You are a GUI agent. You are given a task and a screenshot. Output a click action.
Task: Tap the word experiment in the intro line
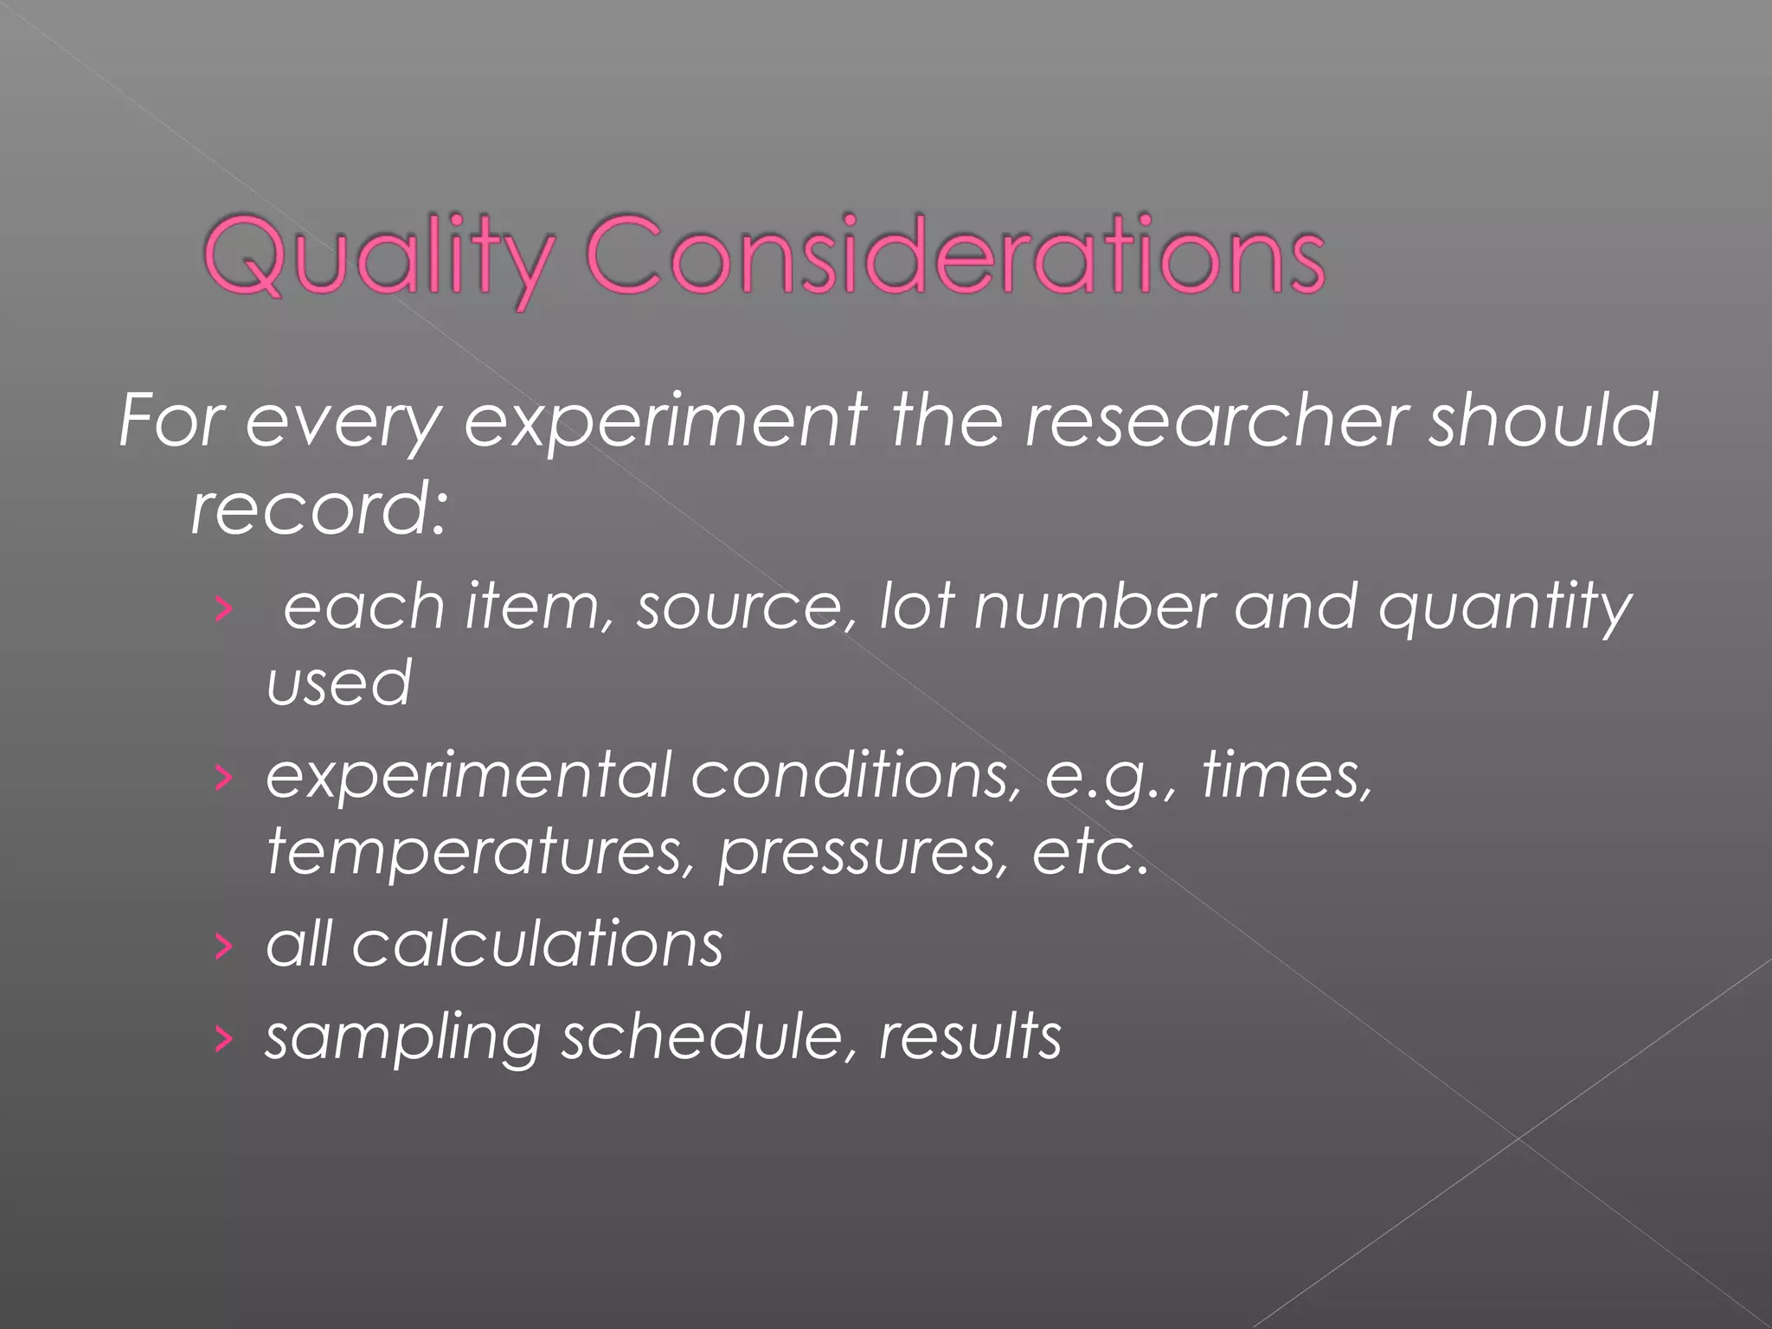665,421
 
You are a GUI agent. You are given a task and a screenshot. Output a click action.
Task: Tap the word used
338,683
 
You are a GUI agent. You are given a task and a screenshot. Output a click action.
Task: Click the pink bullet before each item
223,610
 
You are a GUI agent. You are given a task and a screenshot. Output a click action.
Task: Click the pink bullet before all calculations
223,947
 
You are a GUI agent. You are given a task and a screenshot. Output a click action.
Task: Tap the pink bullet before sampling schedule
223,1039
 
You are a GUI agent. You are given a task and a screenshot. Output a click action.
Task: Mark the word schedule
702,1037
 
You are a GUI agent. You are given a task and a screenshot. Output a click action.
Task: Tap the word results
970,1036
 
